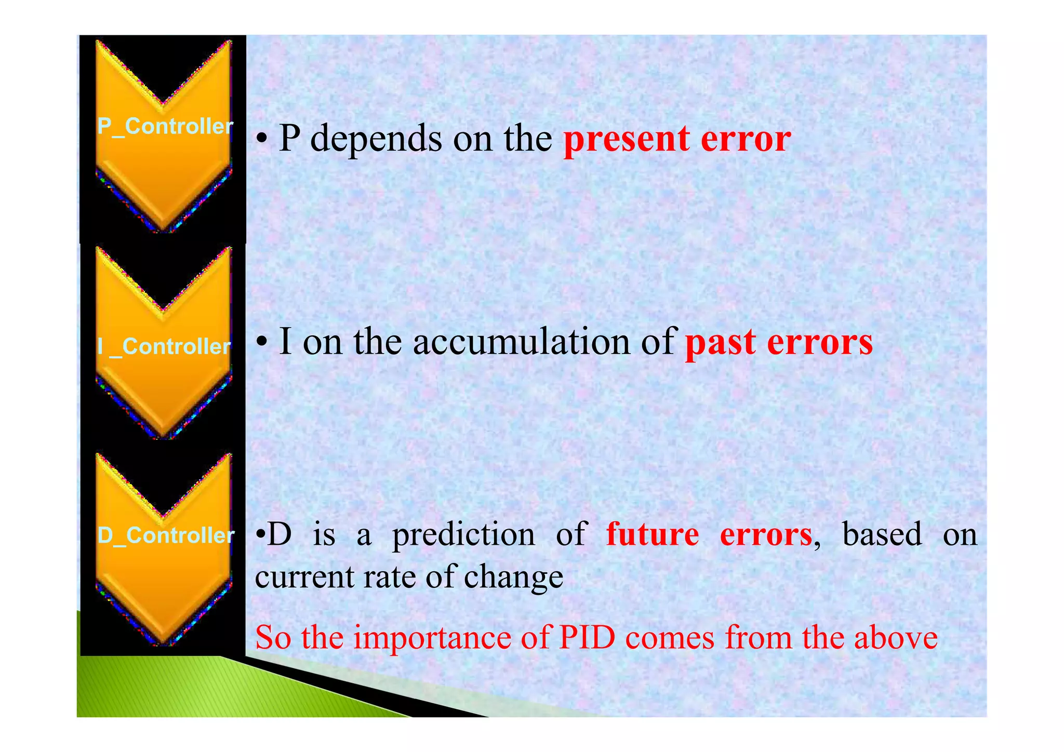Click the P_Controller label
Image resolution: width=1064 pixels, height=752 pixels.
(x=165, y=127)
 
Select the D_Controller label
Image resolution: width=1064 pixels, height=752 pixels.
(x=166, y=535)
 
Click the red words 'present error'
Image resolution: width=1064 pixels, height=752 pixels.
(x=677, y=139)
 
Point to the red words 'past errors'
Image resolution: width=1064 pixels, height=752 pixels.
(x=779, y=343)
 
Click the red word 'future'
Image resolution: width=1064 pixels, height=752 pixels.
(x=653, y=535)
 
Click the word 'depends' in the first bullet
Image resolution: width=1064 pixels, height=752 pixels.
(x=376, y=139)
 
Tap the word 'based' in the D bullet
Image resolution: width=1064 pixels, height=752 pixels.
(x=882, y=535)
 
